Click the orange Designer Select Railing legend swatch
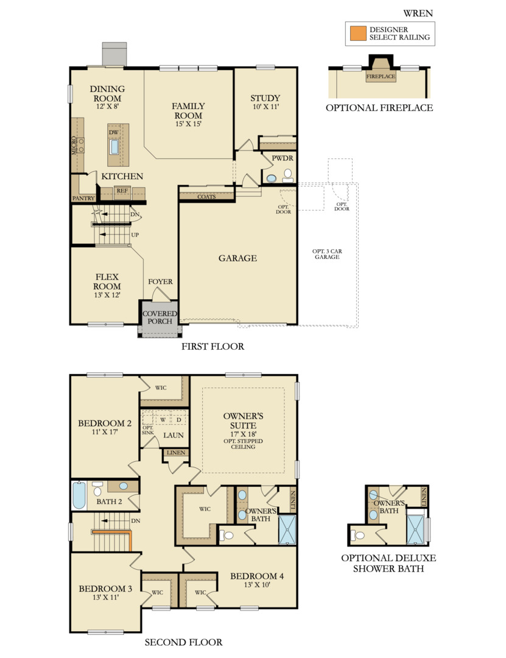pyautogui.click(x=356, y=33)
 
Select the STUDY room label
pyautogui.click(x=265, y=98)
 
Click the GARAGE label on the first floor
pyautogui.click(x=237, y=258)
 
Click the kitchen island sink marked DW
pyautogui.click(x=114, y=146)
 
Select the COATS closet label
pyautogui.click(x=206, y=197)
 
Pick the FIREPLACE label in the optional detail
pyautogui.click(x=380, y=77)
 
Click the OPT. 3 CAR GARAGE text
pyautogui.click(x=326, y=254)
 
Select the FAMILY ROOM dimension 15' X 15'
pyautogui.click(x=188, y=124)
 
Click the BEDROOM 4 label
pyautogui.click(x=256, y=576)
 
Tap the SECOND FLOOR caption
pyautogui.click(x=183, y=642)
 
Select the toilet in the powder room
pyautogui.click(x=286, y=175)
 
